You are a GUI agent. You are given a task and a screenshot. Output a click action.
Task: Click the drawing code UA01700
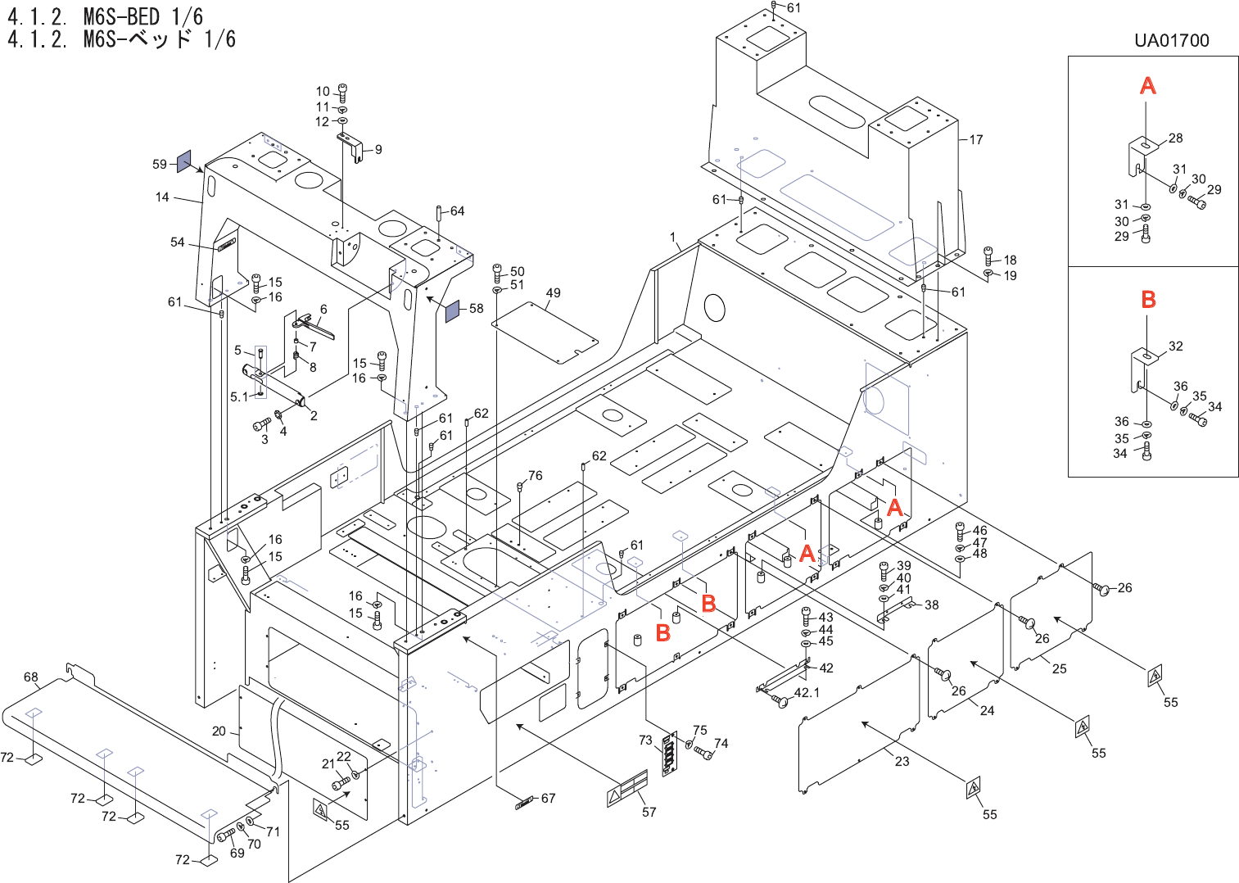pos(1171,41)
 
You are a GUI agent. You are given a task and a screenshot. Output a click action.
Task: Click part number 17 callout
pos(976,140)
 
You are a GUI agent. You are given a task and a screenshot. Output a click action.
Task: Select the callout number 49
pos(554,293)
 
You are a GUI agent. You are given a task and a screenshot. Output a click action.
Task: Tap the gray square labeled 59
pos(184,161)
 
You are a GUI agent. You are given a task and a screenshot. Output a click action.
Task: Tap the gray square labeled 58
pos(453,310)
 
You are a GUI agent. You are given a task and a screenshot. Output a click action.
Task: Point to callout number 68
pos(31,677)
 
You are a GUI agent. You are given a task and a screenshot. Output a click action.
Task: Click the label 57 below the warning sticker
pos(649,812)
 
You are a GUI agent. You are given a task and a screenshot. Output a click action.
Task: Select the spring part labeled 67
pos(524,802)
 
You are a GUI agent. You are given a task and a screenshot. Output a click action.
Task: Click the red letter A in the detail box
pos(1148,85)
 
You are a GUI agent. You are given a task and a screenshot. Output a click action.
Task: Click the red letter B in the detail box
pos(1148,300)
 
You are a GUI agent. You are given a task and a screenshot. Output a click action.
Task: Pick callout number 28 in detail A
pos(1176,138)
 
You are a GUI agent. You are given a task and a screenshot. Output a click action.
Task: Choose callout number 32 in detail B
pos(1176,346)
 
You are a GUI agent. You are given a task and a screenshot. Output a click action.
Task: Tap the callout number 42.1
pos(807,693)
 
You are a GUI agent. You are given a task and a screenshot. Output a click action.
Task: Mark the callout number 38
pos(932,605)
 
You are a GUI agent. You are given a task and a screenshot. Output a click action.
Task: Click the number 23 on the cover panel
pos(902,761)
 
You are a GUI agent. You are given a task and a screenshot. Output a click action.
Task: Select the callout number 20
pos(219,731)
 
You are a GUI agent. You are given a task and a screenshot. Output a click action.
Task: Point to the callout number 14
pos(162,197)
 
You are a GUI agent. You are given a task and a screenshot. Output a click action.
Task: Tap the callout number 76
pos(536,476)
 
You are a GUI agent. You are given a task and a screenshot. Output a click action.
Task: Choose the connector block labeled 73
pos(670,751)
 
